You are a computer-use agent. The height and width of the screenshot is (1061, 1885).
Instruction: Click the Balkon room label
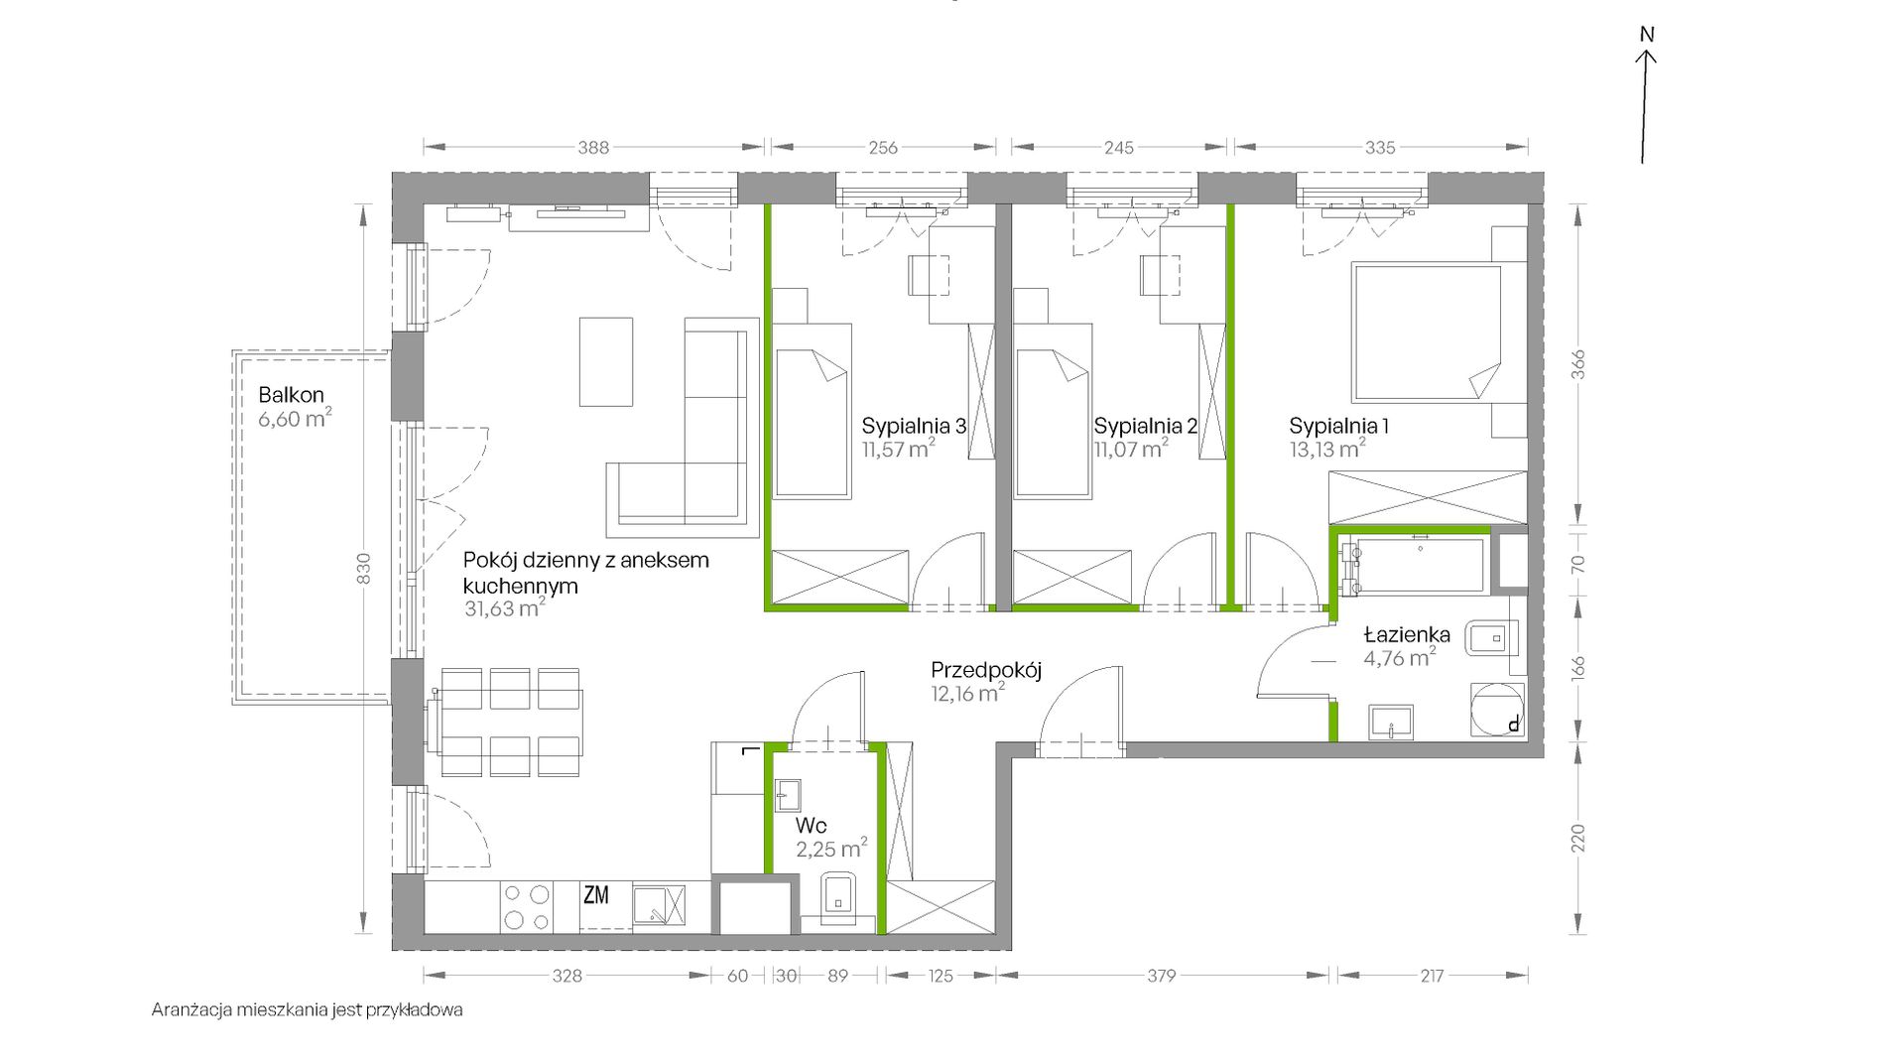click(x=291, y=395)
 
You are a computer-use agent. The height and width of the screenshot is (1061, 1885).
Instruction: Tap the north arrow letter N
click(x=1647, y=35)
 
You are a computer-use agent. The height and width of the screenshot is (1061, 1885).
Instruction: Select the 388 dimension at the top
click(x=593, y=148)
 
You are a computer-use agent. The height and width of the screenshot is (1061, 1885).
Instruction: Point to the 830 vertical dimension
click(x=363, y=569)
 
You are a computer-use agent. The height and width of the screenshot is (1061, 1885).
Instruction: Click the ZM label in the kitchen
click(x=595, y=895)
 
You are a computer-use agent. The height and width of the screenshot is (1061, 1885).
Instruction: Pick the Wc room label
click(x=811, y=826)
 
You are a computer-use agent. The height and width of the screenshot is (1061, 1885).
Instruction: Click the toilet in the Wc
click(x=838, y=897)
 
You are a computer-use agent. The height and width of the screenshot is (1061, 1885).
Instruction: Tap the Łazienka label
click(x=1407, y=635)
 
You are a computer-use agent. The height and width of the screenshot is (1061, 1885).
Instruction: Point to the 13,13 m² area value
click(x=1327, y=449)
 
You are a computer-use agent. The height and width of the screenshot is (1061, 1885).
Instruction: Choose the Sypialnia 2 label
click(x=1145, y=427)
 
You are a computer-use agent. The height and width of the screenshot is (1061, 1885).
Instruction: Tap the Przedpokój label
click(x=986, y=671)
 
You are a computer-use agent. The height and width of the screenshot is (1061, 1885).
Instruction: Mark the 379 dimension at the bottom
click(x=1161, y=977)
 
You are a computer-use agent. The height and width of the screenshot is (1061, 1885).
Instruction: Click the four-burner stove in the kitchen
click(x=527, y=907)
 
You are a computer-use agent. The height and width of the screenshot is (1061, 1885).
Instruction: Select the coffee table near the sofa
click(x=606, y=361)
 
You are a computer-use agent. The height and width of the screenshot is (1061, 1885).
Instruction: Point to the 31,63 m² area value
click(x=504, y=608)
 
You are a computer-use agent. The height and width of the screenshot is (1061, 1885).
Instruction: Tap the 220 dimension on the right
click(x=1577, y=839)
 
